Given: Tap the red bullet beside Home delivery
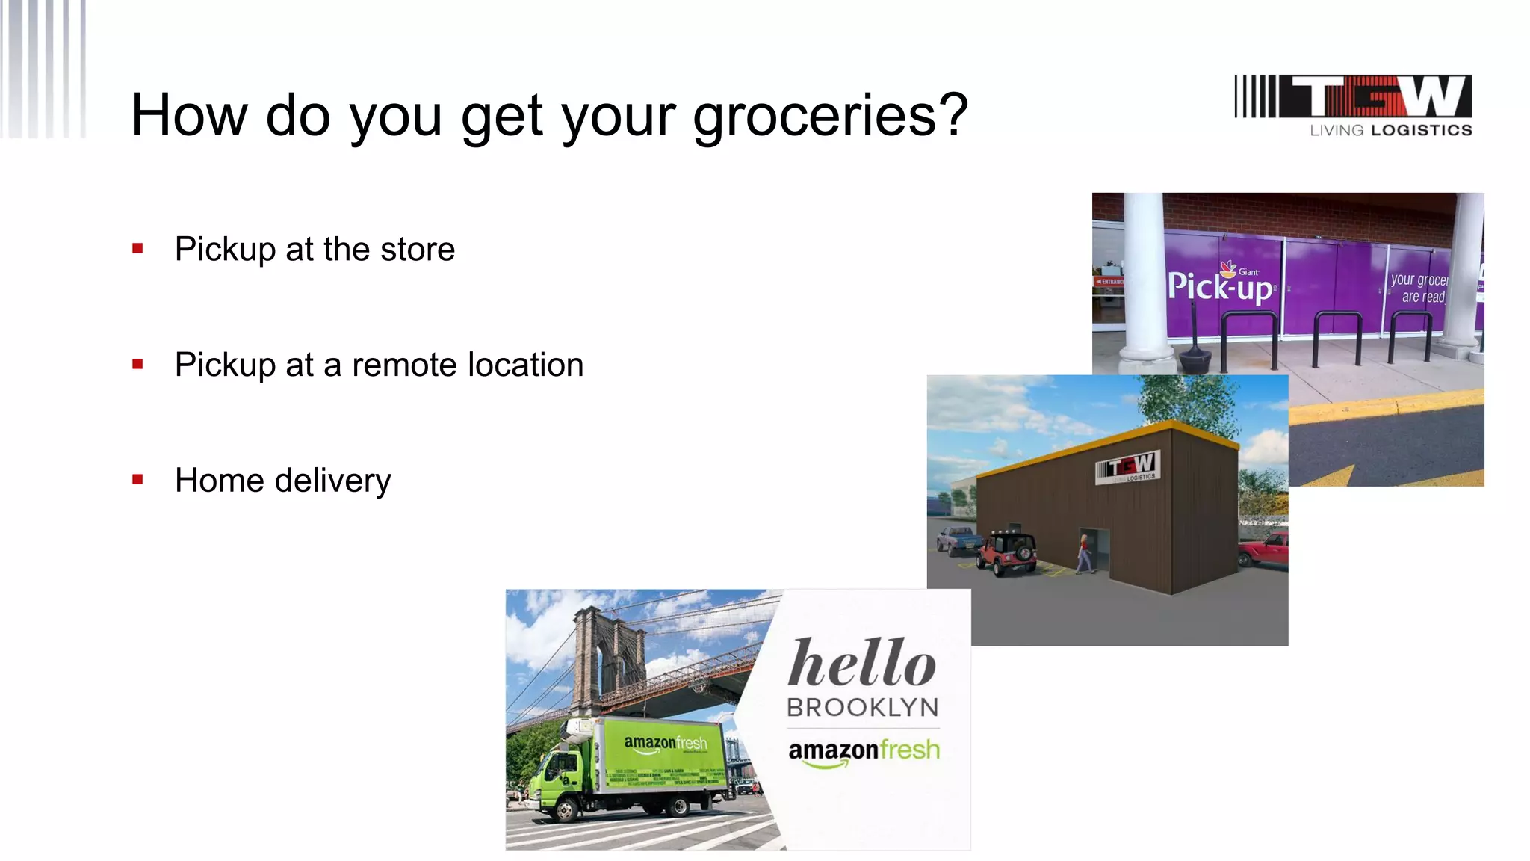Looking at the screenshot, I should coord(137,480).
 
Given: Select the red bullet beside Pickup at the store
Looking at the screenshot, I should coord(137,249).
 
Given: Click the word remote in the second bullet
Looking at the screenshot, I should coord(404,365).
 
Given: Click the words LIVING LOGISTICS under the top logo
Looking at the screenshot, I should coord(1390,131).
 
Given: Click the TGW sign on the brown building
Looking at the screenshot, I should coord(1128,468).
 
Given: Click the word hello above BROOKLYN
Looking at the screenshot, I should coord(861,663).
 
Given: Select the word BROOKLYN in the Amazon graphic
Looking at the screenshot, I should coord(862,707).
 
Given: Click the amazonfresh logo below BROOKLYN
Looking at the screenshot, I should coord(864,750).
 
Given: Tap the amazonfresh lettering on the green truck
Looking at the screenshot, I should coord(665,742).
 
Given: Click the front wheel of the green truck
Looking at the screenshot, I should coord(566,810).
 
